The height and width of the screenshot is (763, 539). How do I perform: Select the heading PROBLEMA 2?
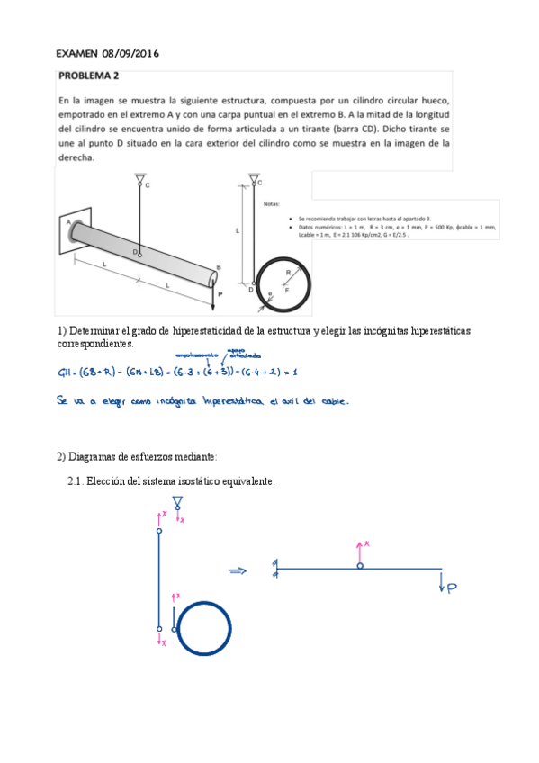pyautogui.click(x=94, y=76)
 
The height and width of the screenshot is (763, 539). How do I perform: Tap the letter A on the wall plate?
pyautogui.click(x=68, y=220)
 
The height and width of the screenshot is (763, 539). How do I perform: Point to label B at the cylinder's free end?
pyautogui.click(x=218, y=266)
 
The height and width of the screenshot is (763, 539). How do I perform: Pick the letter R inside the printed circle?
pyautogui.click(x=288, y=271)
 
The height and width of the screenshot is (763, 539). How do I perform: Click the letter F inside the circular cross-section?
pyautogui.click(x=287, y=291)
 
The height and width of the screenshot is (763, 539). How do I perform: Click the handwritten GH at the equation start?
pyautogui.click(x=67, y=371)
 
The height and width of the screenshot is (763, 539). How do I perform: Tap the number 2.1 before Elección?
pyautogui.click(x=76, y=481)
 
